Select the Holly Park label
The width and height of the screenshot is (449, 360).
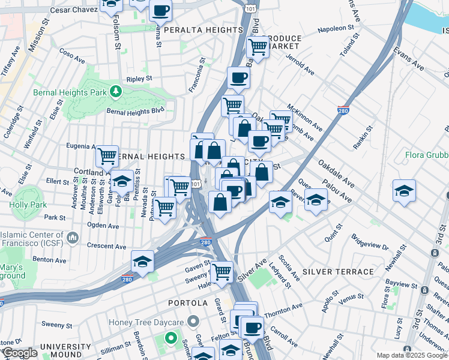23,204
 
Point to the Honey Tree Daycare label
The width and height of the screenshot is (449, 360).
149,323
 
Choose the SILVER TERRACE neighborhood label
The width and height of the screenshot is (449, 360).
338,272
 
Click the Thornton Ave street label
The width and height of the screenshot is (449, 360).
283,307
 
